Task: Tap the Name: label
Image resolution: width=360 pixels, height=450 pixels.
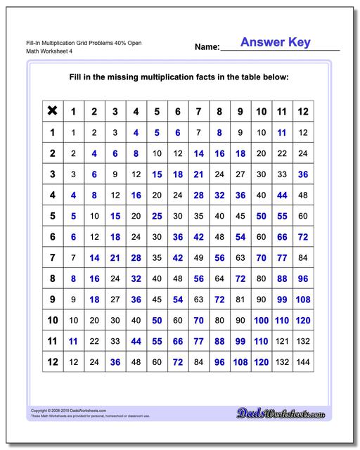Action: (x=207, y=48)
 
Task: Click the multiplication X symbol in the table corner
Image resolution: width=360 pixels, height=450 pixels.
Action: (x=52, y=111)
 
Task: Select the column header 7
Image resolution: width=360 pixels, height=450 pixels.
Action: (x=199, y=111)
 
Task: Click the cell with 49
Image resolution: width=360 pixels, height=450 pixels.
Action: (x=199, y=258)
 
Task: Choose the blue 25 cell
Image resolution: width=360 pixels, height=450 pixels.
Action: (x=157, y=216)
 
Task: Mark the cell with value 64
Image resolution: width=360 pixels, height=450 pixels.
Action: (x=220, y=279)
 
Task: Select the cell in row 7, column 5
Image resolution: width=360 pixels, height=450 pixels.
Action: (x=157, y=258)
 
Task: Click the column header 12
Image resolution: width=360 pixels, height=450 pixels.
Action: (x=304, y=111)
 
